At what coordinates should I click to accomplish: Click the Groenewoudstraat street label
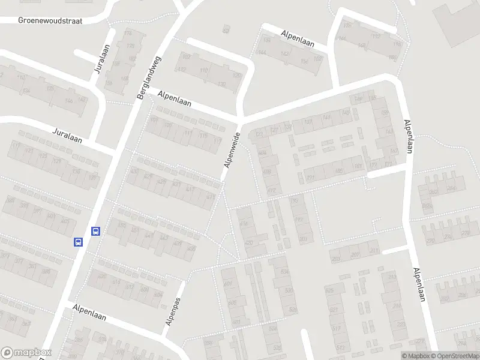click(50, 20)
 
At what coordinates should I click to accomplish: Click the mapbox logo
click(26, 353)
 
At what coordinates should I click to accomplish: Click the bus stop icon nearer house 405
click(78, 242)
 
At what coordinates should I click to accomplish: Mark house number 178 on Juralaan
click(128, 32)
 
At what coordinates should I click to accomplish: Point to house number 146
click(69, 100)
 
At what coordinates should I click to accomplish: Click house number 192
click(300, 220)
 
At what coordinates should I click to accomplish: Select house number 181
click(358, 166)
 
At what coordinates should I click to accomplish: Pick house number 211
click(374, 250)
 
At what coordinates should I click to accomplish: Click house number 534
click(283, 271)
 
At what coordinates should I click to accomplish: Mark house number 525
click(329, 290)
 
